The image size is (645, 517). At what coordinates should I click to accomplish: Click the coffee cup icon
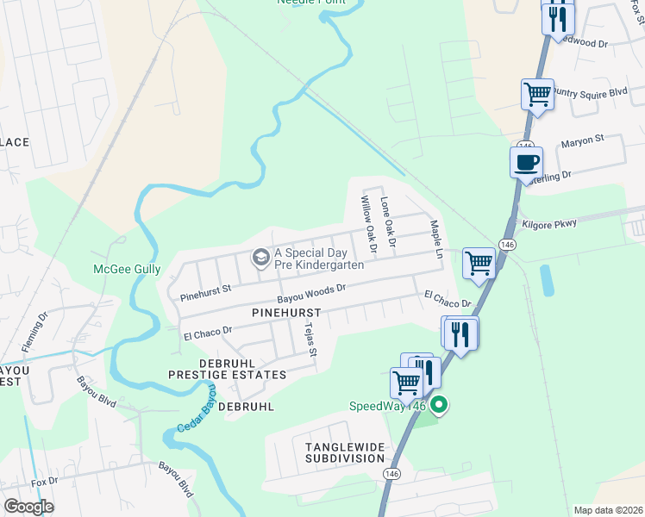pyautogui.click(x=526, y=161)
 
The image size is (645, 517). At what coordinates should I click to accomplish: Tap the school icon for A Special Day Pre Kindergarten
pyautogui.click(x=260, y=258)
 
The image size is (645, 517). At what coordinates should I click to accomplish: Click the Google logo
pyautogui.click(x=28, y=507)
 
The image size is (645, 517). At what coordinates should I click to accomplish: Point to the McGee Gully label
pyautogui.click(x=127, y=269)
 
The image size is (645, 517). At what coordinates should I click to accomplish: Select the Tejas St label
pyautogui.click(x=312, y=339)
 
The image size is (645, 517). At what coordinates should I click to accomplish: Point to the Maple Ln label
pyautogui.click(x=436, y=240)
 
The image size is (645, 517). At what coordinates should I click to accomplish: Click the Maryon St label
pyautogui.click(x=583, y=138)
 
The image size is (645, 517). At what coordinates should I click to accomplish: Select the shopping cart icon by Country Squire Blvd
pyautogui.click(x=537, y=93)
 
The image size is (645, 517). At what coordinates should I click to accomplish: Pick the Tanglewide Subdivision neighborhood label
pyautogui.click(x=344, y=452)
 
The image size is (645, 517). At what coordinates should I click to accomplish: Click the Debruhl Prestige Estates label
pyautogui.click(x=227, y=370)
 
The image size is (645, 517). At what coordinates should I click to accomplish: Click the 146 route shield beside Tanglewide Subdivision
pyautogui.click(x=392, y=474)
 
